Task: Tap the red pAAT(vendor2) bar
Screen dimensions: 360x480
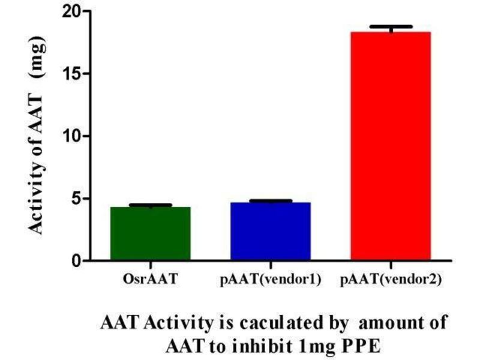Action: [390, 146]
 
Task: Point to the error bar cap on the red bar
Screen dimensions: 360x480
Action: [390, 27]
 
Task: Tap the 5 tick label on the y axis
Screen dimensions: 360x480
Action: [76, 199]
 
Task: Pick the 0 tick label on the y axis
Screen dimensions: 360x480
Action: [76, 262]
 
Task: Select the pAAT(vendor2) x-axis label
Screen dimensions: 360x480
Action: [391, 280]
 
